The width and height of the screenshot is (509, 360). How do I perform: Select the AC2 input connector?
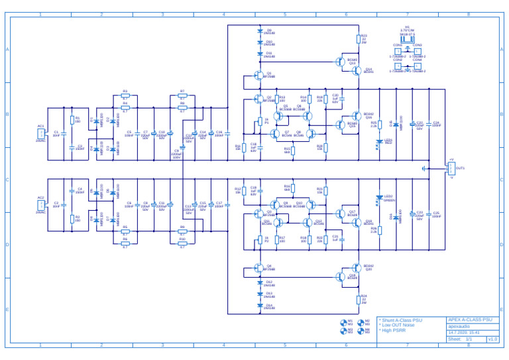41,205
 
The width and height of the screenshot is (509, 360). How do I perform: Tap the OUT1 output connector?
451,168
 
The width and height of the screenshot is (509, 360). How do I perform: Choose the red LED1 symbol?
380,141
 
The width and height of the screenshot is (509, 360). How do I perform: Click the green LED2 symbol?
380,197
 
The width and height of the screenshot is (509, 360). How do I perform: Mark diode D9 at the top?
260,31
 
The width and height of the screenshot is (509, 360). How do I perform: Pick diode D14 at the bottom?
260,306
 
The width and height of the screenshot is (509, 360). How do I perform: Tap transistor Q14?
359,70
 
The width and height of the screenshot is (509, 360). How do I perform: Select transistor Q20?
359,269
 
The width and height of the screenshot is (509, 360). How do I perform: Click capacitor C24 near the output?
428,125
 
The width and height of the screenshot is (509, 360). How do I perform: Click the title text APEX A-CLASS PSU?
470,320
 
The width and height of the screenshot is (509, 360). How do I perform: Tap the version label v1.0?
492,339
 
